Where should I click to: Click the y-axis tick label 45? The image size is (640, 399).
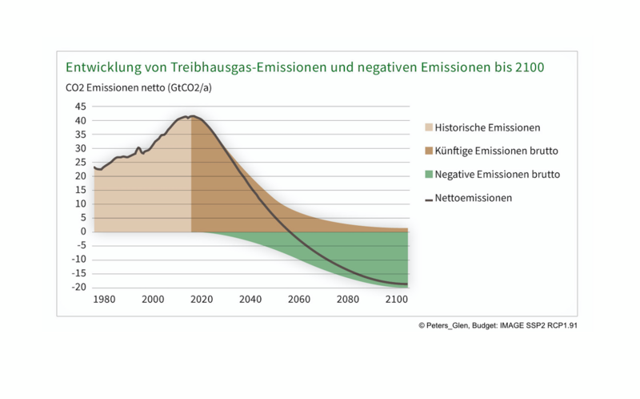pos(79,106)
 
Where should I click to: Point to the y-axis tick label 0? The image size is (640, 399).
pos(82,232)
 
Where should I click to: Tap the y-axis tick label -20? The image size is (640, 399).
pos(78,287)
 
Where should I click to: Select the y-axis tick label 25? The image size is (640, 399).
pos(79,162)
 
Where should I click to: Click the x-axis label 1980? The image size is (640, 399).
pos(104,299)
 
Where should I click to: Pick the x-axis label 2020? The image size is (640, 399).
pos(202,299)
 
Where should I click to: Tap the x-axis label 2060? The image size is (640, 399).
pos(299,299)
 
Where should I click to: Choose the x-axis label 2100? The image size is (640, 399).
pos(396,299)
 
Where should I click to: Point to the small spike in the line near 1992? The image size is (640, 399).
pos(138,148)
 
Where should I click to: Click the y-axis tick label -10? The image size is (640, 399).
pos(78,260)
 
